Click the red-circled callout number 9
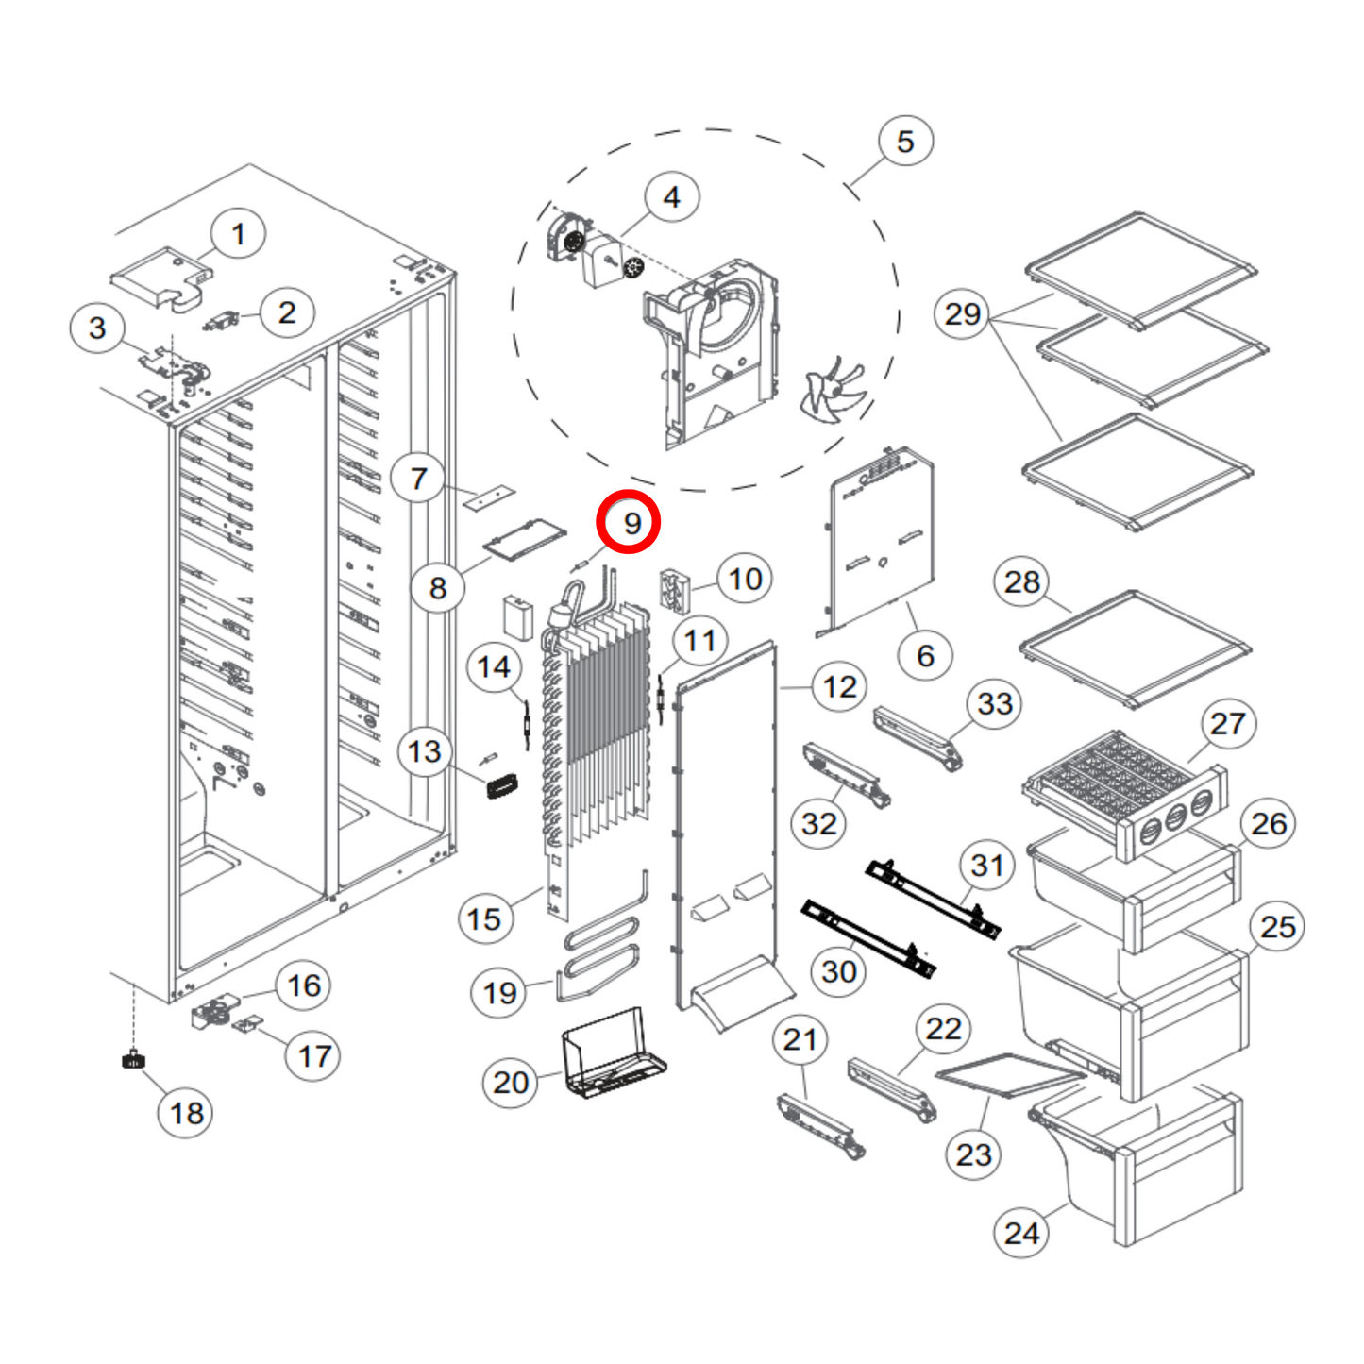(x=629, y=523)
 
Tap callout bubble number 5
(x=905, y=142)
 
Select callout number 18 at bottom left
(x=186, y=1113)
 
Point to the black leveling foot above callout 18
(x=134, y=1060)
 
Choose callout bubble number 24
(x=1021, y=1233)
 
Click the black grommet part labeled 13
(x=501, y=785)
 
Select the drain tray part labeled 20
(x=614, y=1055)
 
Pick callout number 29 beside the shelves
(x=962, y=313)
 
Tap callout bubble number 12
(x=840, y=687)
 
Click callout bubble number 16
(x=304, y=985)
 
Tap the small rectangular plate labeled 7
(x=489, y=497)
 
